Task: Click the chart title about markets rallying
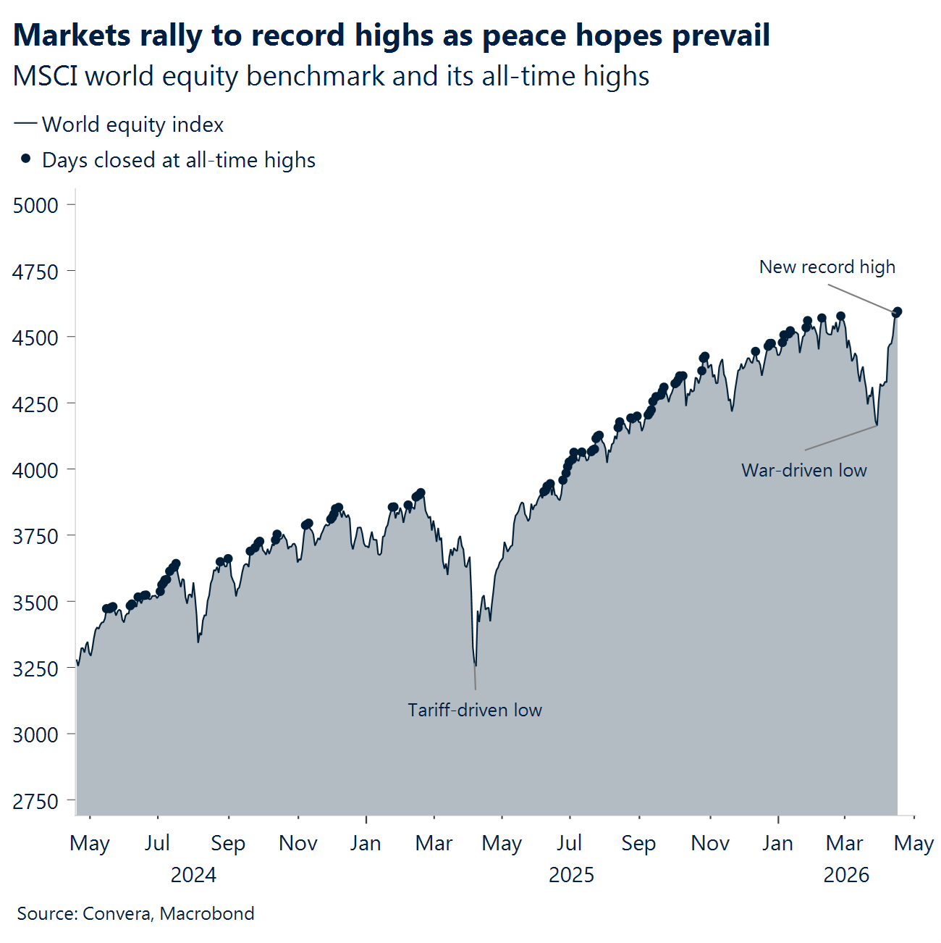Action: point(391,35)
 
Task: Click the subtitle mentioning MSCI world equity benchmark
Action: point(331,76)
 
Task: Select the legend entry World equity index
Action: point(132,125)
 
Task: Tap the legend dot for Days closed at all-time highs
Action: point(26,159)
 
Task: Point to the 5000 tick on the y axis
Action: point(35,205)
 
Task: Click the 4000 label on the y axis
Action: point(35,470)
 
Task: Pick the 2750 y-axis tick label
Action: point(35,801)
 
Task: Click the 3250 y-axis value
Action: point(35,669)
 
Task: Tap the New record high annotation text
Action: point(827,267)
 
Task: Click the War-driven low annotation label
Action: point(803,471)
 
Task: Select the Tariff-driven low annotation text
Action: point(474,710)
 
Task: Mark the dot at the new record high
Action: point(897,312)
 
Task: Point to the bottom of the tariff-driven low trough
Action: point(475,664)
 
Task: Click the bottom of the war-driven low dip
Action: point(877,424)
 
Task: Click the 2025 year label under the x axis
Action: point(571,875)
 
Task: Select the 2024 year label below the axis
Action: point(193,875)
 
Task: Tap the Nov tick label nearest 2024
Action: point(298,843)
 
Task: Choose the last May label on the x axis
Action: point(913,843)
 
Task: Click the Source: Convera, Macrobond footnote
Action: point(135,913)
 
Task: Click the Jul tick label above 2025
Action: point(570,843)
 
